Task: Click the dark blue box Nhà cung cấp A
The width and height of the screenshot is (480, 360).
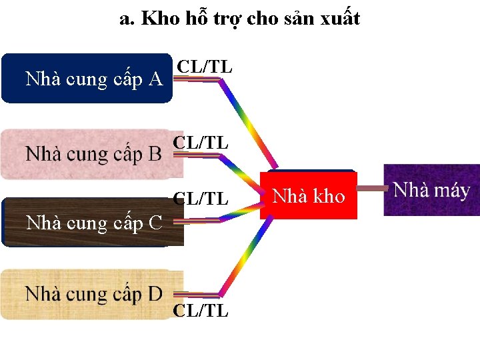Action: click(87, 79)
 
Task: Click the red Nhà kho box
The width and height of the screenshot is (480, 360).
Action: click(309, 195)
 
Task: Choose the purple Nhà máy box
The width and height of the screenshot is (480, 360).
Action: click(431, 190)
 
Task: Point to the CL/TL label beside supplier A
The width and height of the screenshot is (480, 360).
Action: click(205, 67)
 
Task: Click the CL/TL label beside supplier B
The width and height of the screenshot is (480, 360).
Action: click(201, 143)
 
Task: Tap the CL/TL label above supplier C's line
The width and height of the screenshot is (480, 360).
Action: click(201, 199)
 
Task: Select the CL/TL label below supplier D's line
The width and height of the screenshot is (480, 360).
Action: click(201, 311)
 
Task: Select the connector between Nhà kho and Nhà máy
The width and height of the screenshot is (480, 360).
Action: click(371, 189)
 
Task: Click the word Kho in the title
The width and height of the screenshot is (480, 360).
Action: click(161, 19)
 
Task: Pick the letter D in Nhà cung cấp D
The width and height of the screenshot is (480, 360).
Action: click(154, 293)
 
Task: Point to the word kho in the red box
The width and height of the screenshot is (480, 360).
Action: click(329, 196)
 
